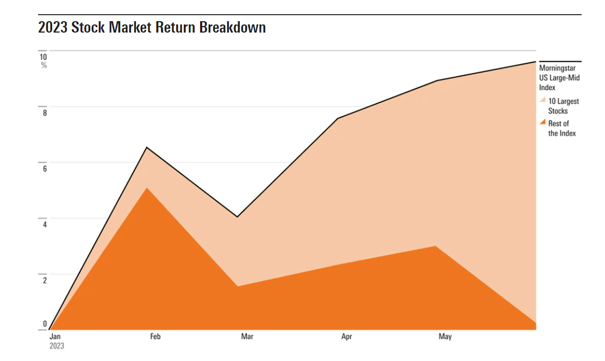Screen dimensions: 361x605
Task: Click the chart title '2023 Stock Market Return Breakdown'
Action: click(x=152, y=27)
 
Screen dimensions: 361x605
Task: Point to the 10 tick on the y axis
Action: click(x=43, y=56)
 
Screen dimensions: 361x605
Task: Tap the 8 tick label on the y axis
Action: click(x=45, y=113)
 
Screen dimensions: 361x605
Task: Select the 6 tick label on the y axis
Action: click(x=45, y=168)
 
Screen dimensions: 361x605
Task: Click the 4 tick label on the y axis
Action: click(x=45, y=224)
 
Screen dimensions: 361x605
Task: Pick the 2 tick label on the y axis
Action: click(x=45, y=280)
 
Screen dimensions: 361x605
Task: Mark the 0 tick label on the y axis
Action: click(x=45, y=325)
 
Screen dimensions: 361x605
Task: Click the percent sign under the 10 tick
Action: click(x=44, y=66)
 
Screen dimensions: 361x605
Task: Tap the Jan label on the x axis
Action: click(x=55, y=337)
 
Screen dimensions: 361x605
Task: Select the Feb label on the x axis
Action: click(x=155, y=337)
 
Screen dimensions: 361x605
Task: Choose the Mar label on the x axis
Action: click(x=247, y=337)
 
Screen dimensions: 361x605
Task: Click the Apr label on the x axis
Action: click(x=346, y=337)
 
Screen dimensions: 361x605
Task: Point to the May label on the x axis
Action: click(x=445, y=337)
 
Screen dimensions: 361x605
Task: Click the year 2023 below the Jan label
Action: click(x=57, y=346)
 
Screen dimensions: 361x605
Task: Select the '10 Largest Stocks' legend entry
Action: click(x=564, y=106)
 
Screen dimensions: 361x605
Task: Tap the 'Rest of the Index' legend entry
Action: click(x=562, y=128)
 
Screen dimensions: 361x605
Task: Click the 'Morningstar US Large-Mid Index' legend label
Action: click(x=559, y=78)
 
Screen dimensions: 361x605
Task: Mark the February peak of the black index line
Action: click(x=147, y=147)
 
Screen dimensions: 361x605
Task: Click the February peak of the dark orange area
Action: click(x=147, y=188)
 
